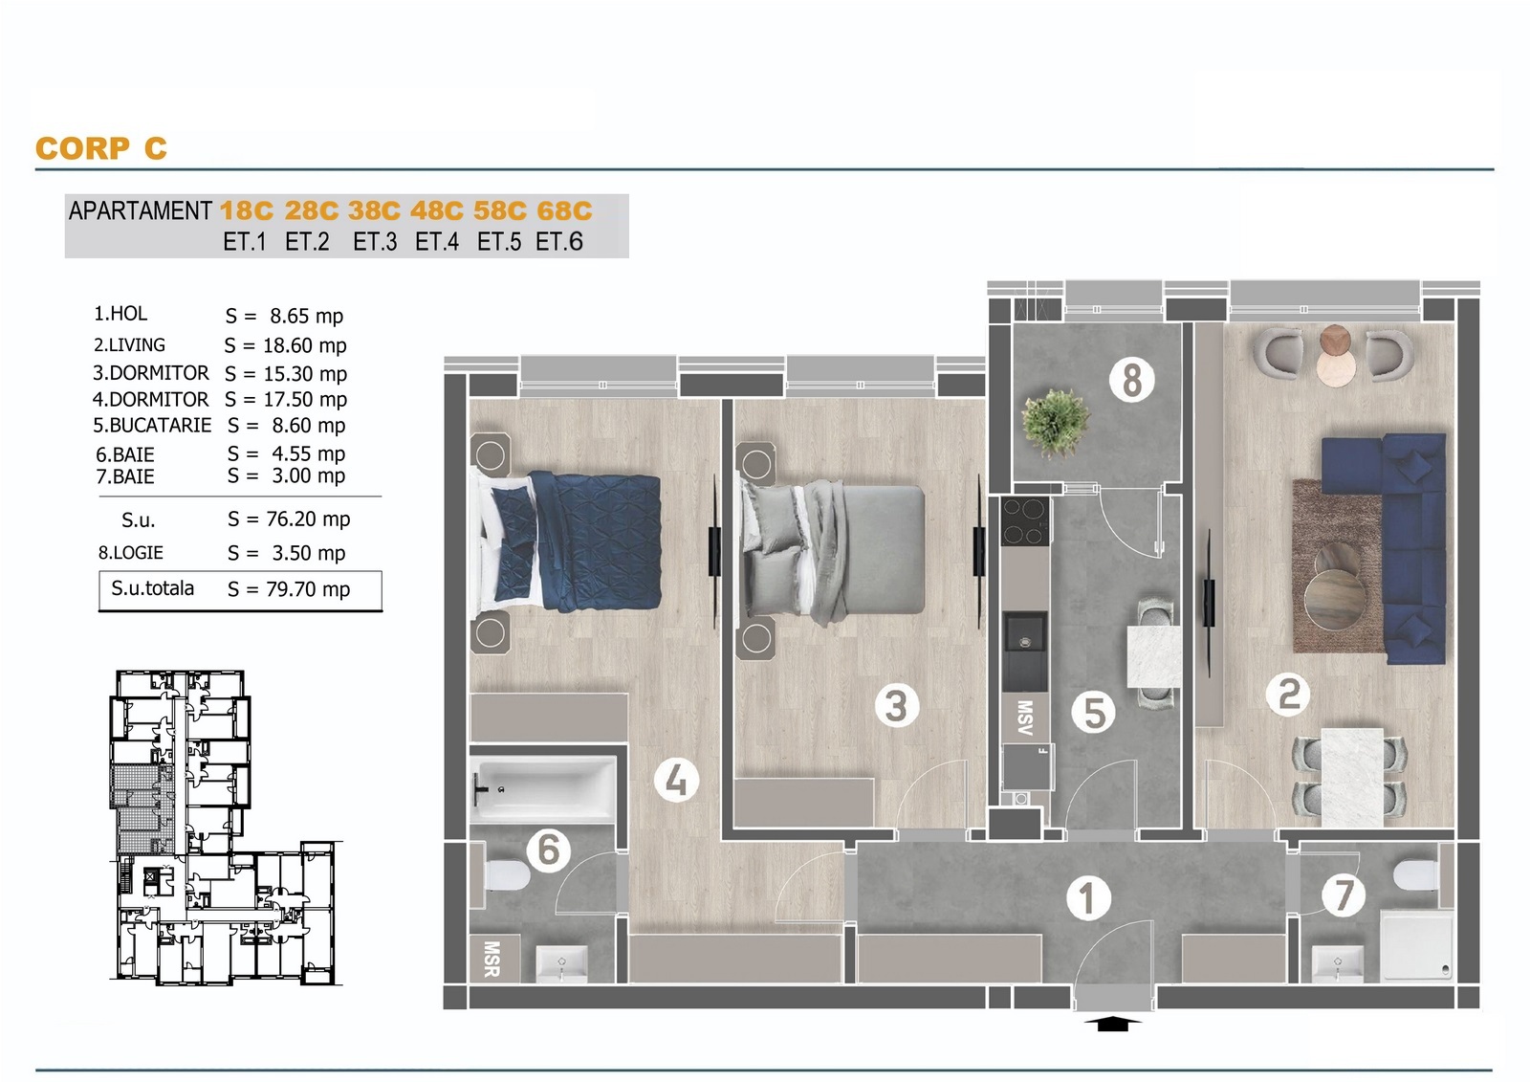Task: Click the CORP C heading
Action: [101, 148]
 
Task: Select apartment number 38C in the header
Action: [374, 210]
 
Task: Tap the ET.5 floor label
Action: [498, 242]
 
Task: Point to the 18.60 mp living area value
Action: [305, 346]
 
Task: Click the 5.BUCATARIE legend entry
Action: [152, 425]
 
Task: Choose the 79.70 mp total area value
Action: [308, 589]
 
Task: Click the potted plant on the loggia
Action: [1056, 423]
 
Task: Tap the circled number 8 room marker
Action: [1132, 380]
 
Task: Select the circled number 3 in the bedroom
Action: [896, 705]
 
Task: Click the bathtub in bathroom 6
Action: [543, 788]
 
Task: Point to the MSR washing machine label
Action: [492, 959]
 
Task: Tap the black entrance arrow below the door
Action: [1113, 1024]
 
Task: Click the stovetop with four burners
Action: [1025, 520]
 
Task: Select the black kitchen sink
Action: [1024, 651]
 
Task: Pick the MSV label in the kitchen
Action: [1024, 717]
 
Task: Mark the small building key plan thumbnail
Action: [226, 828]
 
